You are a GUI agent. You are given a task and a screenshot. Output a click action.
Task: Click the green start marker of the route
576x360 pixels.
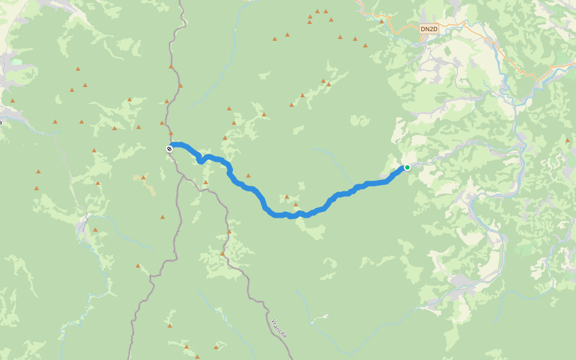click(407, 167)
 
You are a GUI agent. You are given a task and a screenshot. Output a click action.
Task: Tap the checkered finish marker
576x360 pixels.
click(170, 148)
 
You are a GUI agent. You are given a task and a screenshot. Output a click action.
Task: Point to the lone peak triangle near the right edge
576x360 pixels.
click(568, 140)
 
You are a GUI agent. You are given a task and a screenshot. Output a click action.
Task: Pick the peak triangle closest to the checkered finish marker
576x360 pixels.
click(171, 133)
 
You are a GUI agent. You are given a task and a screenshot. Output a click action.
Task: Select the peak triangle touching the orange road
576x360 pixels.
click(382, 22)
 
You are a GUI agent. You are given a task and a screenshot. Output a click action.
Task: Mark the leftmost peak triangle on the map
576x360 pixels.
click(12, 101)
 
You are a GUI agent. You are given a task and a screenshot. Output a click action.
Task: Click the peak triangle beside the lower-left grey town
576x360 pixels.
click(95, 229)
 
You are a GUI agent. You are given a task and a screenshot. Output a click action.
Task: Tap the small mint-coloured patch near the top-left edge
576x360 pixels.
click(16, 61)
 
